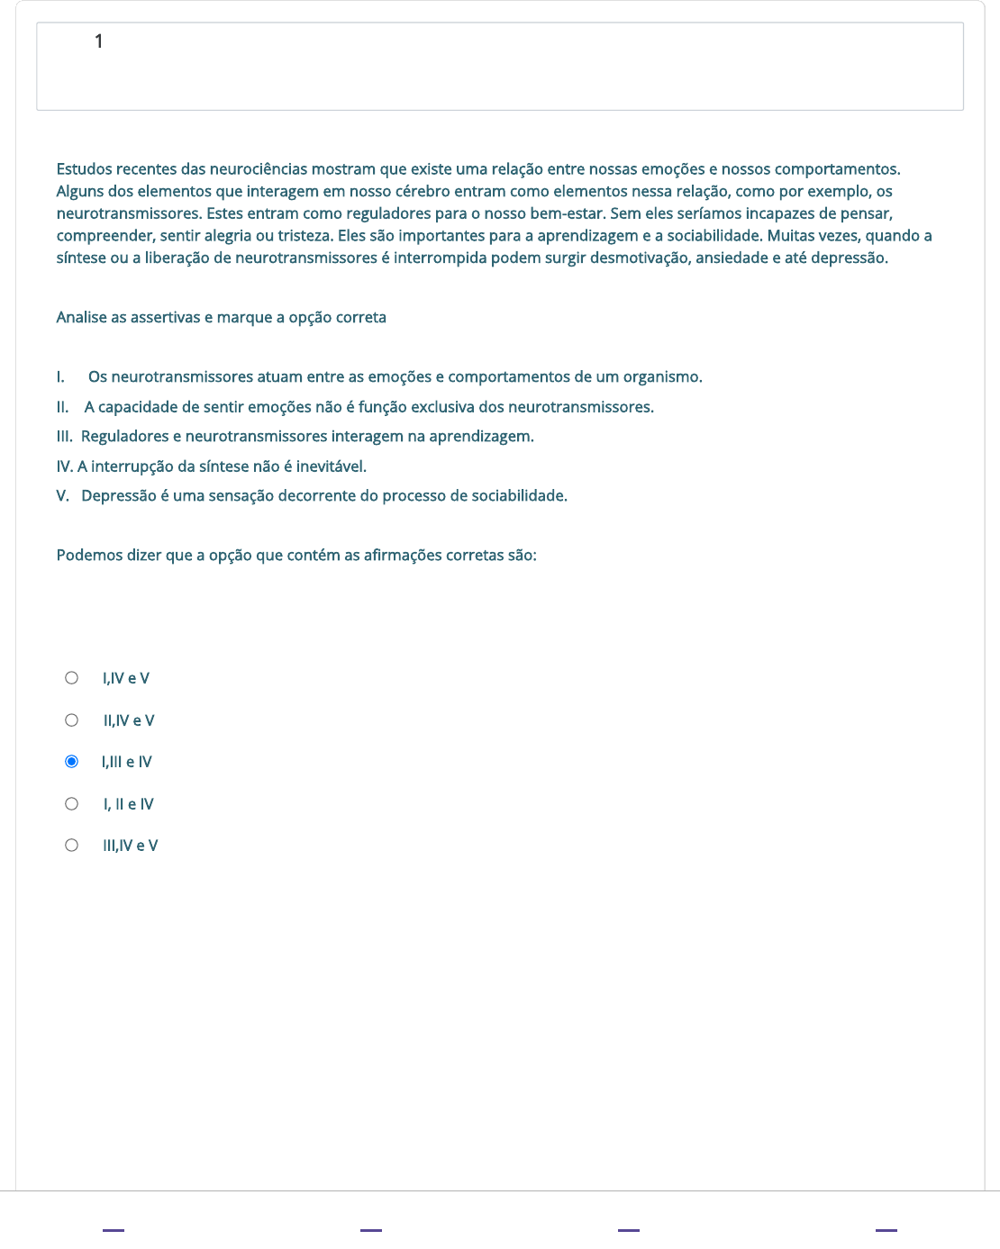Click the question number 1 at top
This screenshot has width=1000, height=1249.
[x=99, y=41]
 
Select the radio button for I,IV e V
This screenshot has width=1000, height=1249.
[x=72, y=678]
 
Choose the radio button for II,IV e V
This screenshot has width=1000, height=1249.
[x=72, y=720]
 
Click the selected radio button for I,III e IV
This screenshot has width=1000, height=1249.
[x=72, y=762]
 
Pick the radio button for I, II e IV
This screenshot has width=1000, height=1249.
[x=72, y=804]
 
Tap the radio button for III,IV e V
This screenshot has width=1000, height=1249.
[x=72, y=846]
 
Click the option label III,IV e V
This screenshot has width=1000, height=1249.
[x=131, y=846]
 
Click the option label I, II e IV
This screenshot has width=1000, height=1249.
[x=129, y=804]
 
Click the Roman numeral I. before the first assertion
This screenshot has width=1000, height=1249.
[x=60, y=377]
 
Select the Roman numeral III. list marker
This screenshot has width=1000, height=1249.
[x=64, y=437]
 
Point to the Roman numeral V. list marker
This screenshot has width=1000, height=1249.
[x=63, y=496]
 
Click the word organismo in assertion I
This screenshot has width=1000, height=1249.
[x=662, y=377]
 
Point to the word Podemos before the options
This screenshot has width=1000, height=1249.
[x=89, y=556]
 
